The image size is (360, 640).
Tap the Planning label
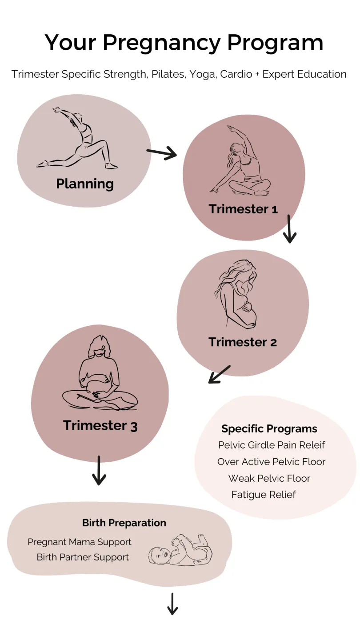85,184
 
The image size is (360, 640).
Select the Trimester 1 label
243,209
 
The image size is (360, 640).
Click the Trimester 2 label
243,342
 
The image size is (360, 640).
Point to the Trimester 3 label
100,425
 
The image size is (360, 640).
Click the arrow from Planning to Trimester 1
162,154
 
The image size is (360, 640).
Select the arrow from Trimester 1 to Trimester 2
289,229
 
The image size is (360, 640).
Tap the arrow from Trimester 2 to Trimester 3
220,374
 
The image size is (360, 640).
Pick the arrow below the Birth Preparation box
172,604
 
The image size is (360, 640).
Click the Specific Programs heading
269,429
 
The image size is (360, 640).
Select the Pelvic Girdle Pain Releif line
272,445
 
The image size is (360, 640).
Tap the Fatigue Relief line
264,495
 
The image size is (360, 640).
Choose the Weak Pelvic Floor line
269,478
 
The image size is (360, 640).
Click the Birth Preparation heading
124,523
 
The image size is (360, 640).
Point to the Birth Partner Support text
83,557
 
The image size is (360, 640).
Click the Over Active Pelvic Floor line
271,462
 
